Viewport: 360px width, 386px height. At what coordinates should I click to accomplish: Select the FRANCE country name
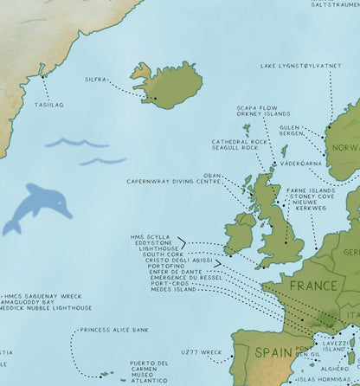(312, 286)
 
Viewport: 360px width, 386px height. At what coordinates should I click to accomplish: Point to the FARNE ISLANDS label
(310, 190)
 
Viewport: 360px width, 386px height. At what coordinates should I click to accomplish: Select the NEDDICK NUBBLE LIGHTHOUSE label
(48, 307)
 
